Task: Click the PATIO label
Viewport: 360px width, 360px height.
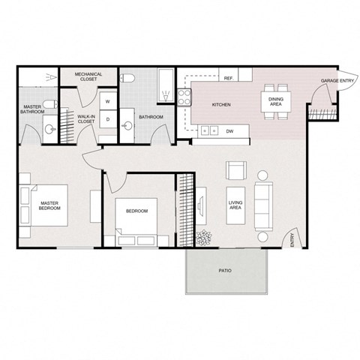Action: tap(224, 269)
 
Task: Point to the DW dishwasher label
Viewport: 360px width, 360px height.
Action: tap(229, 130)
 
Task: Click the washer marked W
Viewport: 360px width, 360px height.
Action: tap(108, 100)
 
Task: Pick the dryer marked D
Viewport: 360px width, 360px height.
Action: tap(108, 118)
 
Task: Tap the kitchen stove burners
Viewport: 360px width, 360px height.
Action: tap(184, 96)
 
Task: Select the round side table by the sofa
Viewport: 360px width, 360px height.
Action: tap(262, 175)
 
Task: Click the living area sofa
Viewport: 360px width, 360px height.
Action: tap(262, 205)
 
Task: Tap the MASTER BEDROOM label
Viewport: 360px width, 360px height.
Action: tap(49, 205)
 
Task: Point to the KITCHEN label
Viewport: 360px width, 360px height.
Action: tap(220, 105)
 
